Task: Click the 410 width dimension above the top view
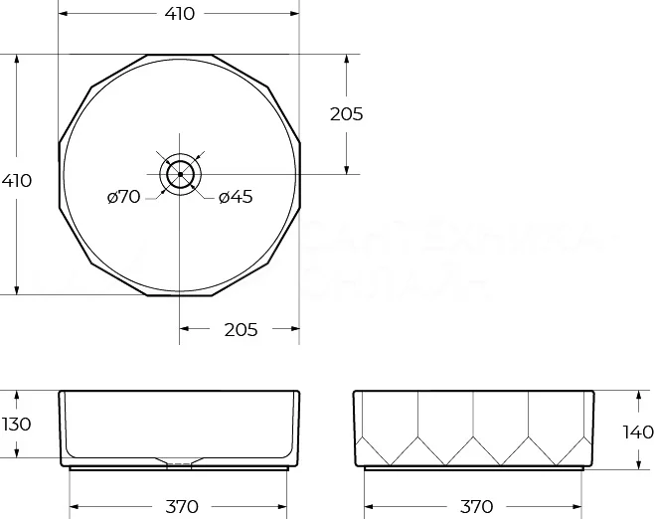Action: pos(179,14)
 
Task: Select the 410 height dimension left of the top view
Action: pos(17,181)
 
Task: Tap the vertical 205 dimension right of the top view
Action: pos(346,113)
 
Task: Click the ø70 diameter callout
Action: pos(124,197)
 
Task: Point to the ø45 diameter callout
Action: pos(235,197)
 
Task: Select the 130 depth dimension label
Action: pos(17,425)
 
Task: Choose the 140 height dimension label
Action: pos(637,432)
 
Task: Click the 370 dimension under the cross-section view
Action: pos(180,506)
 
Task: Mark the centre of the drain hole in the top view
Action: pos(180,174)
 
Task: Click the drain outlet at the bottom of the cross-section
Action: pos(180,462)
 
